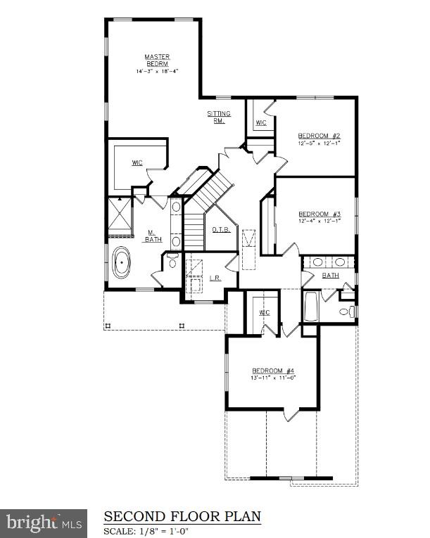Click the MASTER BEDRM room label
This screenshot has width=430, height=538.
[157, 60]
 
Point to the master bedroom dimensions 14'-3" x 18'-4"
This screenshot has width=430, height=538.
[157, 71]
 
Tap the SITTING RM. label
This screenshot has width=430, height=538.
[215, 116]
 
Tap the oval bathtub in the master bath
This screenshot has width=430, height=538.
[122, 265]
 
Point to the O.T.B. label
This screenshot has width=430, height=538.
[221, 229]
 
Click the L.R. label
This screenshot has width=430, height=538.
[215, 277]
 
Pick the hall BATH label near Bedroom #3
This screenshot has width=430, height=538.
[330, 275]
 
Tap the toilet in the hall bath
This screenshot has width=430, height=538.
[346, 311]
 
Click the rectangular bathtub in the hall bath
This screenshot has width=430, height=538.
[311, 307]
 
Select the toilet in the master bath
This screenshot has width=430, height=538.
[172, 263]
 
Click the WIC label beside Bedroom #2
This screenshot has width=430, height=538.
[261, 123]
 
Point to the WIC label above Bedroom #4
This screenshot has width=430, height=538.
[265, 312]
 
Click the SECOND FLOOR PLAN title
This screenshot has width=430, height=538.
[182, 517]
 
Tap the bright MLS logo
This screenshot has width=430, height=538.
[43, 523]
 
